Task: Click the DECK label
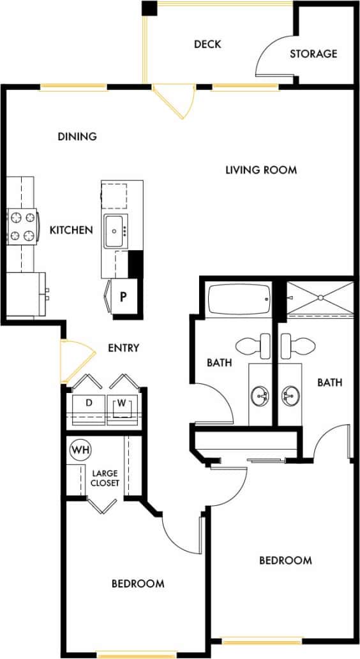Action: click(207, 44)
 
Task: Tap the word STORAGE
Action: click(313, 54)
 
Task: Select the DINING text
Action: click(77, 136)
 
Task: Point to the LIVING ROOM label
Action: click(261, 170)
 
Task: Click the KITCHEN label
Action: click(71, 230)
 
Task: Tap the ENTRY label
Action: click(123, 348)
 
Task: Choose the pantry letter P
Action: click(124, 298)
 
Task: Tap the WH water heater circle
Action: click(80, 450)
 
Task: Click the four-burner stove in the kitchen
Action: click(21, 226)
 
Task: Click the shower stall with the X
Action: click(319, 297)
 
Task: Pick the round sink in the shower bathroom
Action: click(290, 395)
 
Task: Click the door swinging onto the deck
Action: click(174, 101)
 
